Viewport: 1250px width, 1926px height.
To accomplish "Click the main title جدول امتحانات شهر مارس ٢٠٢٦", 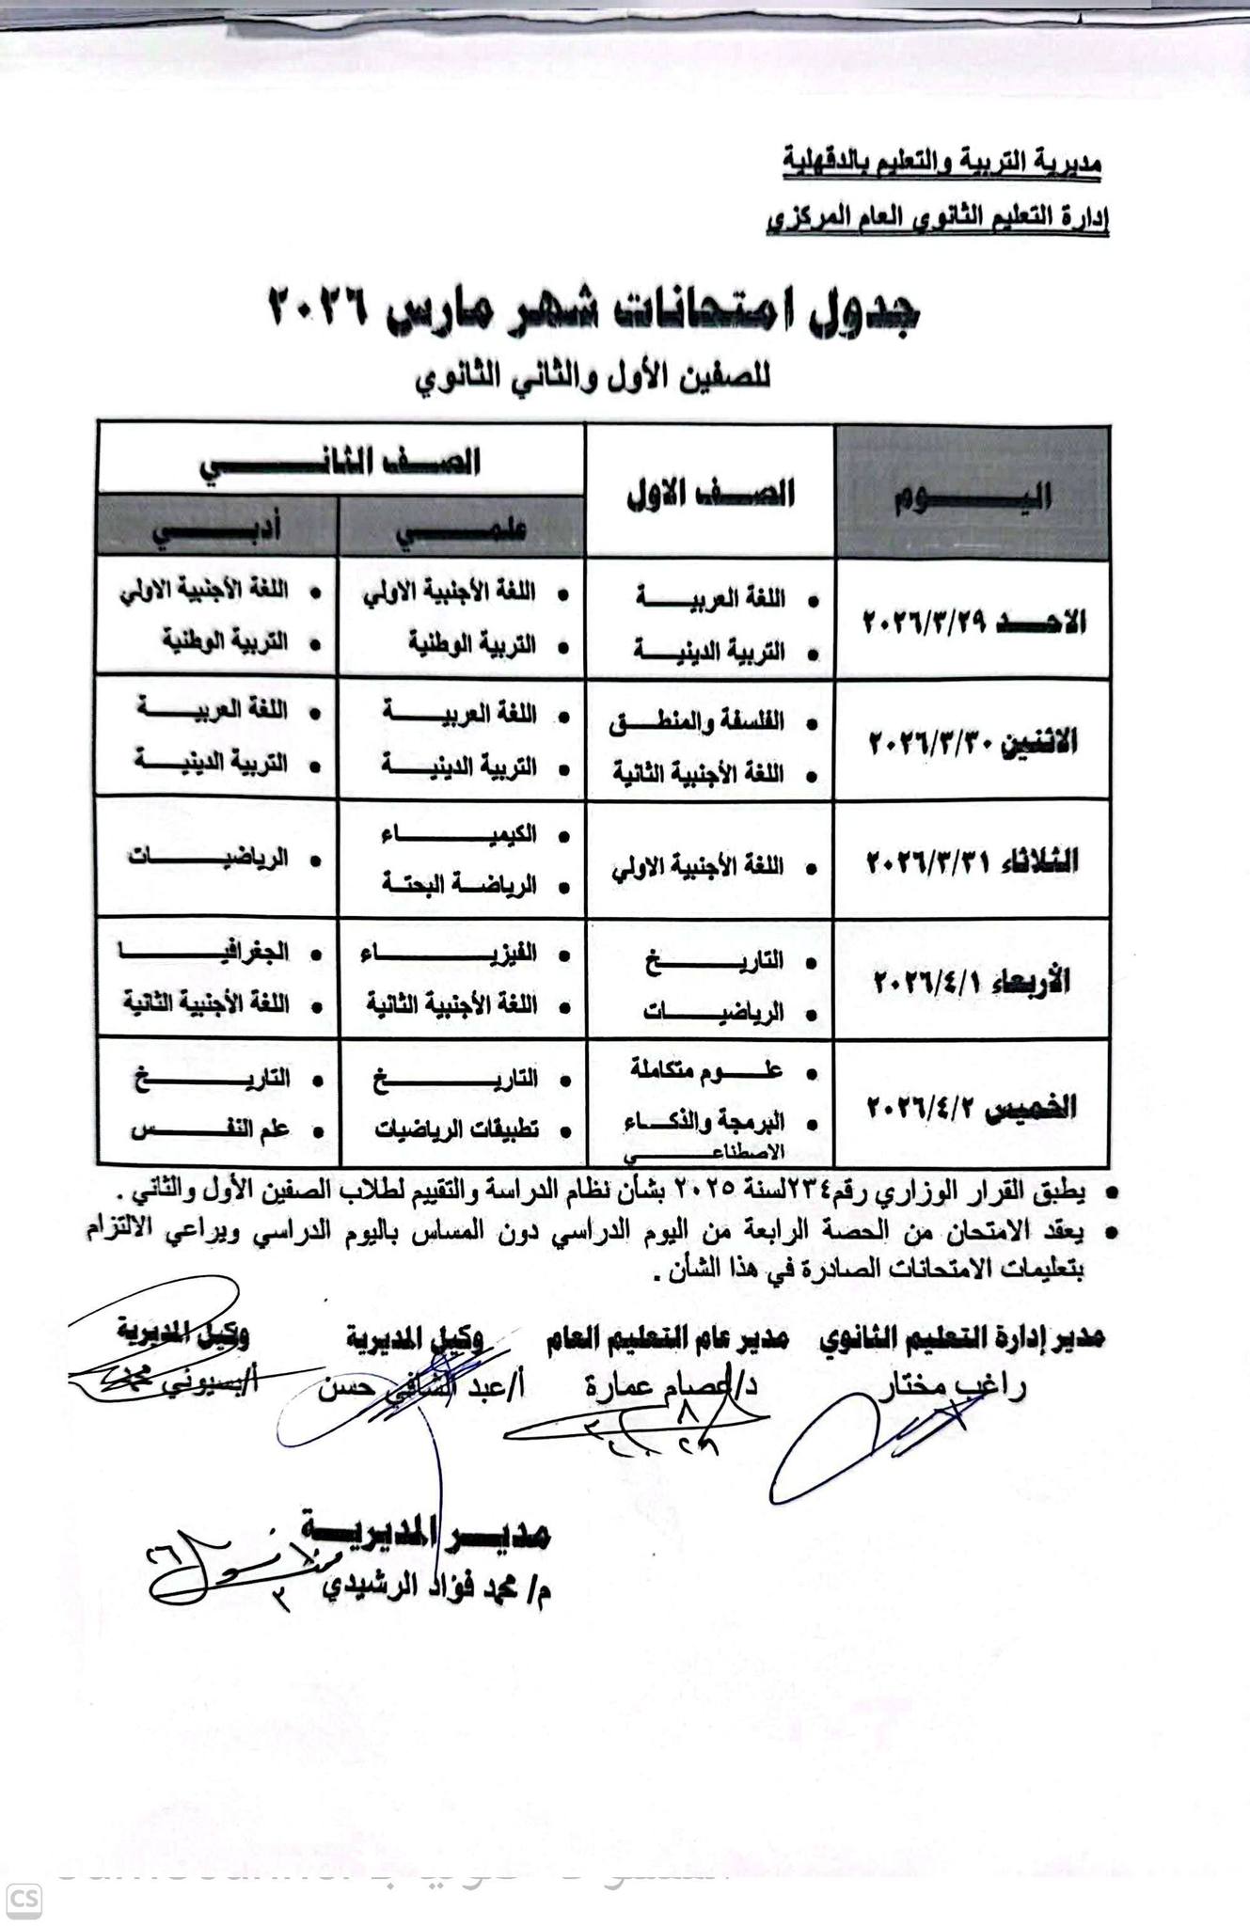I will click(594, 310).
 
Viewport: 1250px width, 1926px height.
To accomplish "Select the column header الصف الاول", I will click(710, 493).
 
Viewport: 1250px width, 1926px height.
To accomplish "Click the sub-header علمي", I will click(460, 529).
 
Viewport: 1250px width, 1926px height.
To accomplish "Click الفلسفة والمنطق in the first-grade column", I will click(697, 723).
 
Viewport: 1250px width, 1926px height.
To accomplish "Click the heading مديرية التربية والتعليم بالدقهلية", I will click(941, 162).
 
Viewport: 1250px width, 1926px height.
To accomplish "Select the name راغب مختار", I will click(950, 1386).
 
